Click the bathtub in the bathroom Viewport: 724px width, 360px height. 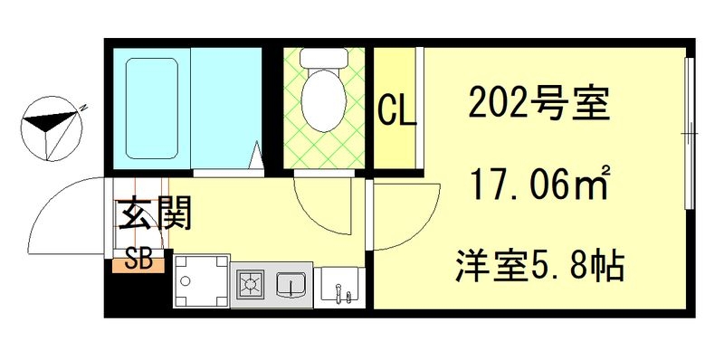(152, 109)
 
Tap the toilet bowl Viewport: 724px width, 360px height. (323, 100)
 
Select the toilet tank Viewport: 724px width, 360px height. (323, 59)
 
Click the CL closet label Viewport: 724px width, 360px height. (397, 109)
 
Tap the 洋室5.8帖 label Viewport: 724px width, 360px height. (540, 266)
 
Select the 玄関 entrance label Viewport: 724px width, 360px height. (154, 213)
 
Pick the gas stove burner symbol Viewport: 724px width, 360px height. (251, 282)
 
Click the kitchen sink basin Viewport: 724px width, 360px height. (291, 285)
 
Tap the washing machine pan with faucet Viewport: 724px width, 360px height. (339, 287)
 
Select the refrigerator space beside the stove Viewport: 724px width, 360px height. (202, 280)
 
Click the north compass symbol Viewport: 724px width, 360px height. (52, 128)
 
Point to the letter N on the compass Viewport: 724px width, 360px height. (83, 109)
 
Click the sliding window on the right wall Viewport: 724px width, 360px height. (690, 133)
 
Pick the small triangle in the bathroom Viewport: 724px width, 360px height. (256, 156)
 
